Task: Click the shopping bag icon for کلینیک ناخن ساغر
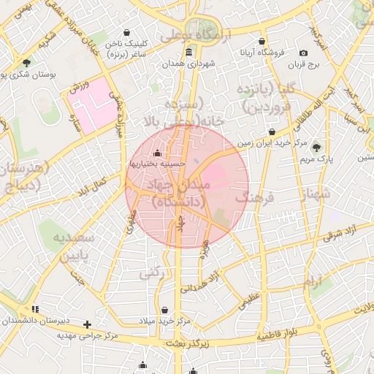[129, 33]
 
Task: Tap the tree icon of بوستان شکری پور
[27, 63]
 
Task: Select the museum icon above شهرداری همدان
[189, 51]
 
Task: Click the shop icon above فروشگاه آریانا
[262, 41]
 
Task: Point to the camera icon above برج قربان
[303, 52]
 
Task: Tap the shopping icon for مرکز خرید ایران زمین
[272, 132]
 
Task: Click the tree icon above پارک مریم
[316, 147]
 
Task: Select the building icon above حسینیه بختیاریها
[159, 153]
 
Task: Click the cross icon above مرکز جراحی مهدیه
[88, 324]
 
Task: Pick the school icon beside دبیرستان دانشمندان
[34, 310]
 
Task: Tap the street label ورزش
[79, 88]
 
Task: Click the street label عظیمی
[251, 300]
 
